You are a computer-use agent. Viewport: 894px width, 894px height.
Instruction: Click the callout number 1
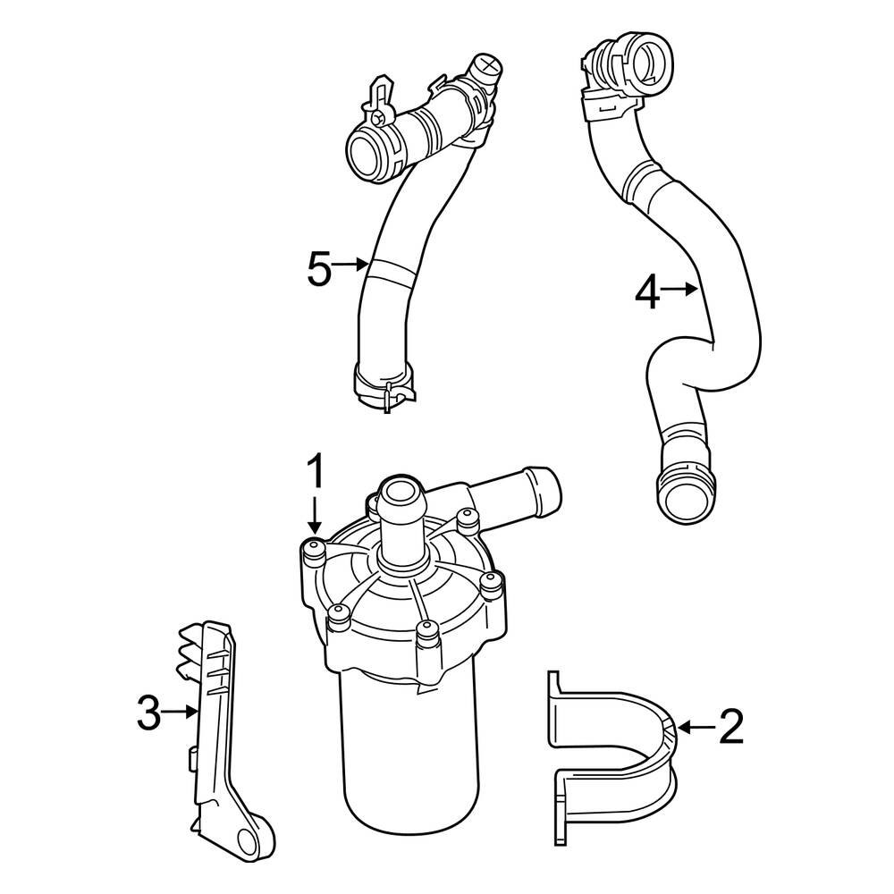(x=314, y=473)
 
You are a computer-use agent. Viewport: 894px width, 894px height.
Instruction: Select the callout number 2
(x=730, y=728)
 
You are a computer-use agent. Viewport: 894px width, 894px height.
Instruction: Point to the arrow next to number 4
(x=682, y=289)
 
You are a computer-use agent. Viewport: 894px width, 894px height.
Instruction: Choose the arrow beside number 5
(x=353, y=265)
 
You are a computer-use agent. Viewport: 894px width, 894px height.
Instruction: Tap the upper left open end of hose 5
(x=367, y=150)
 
